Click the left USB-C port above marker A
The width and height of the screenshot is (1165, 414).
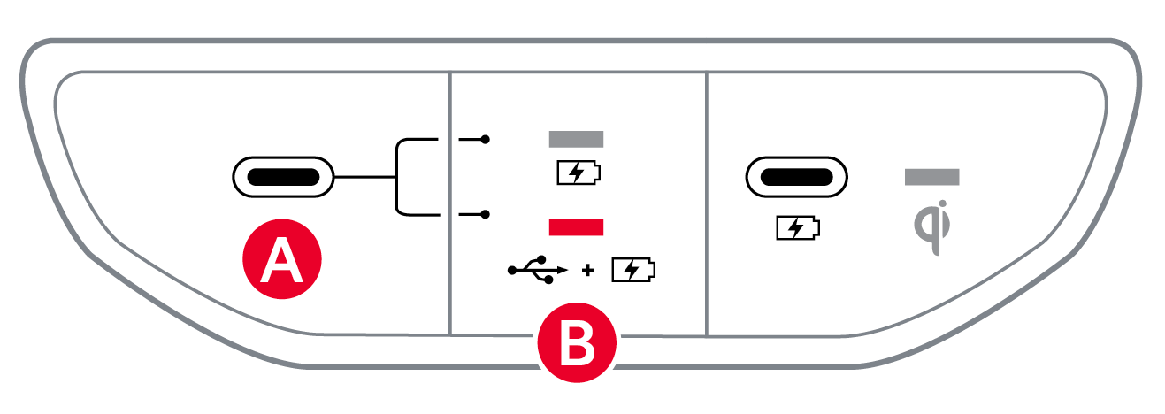click(283, 177)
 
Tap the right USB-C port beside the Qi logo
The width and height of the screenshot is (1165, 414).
click(795, 177)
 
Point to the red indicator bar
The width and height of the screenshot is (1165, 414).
click(576, 227)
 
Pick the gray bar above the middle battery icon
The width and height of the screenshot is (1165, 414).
click(576, 139)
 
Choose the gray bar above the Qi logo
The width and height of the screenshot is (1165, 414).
click(931, 177)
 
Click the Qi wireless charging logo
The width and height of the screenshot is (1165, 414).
click(931, 228)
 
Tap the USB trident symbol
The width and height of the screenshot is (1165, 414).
click(536, 270)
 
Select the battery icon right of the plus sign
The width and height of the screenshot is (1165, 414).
click(634, 270)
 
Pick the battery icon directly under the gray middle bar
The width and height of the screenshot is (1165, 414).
click(577, 172)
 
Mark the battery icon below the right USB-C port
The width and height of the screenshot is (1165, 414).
click(796, 228)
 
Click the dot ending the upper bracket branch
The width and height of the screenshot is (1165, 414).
click(485, 140)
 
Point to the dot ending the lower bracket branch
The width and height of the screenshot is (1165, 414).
click(485, 214)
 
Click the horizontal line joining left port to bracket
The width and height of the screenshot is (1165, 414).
click(364, 177)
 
